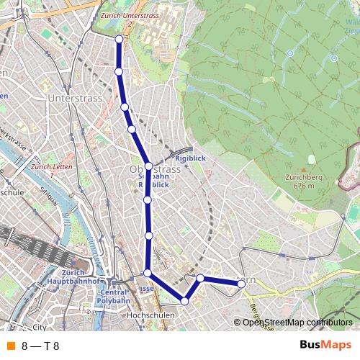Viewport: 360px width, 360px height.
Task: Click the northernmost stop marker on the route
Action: pyautogui.click(x=119, y=39)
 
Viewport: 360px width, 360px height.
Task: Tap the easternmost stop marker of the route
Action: pyautogui.click(x=242, y=284)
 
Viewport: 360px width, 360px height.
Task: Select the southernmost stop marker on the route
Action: pyautogui.click(x=185, y=301)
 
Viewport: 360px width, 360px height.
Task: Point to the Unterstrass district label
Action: pyautogui.click(x=71, y=96)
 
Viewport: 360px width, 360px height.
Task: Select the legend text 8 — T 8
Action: pyautogui.click(x=40, y=346)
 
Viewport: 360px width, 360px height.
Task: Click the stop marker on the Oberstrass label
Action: pyautogui.click(x=148, y=166)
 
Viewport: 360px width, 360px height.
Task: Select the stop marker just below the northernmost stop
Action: pyautogui.click(x=119, y=71)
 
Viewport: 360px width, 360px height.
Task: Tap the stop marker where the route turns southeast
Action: pyautogui.click(x=148, y=273)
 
